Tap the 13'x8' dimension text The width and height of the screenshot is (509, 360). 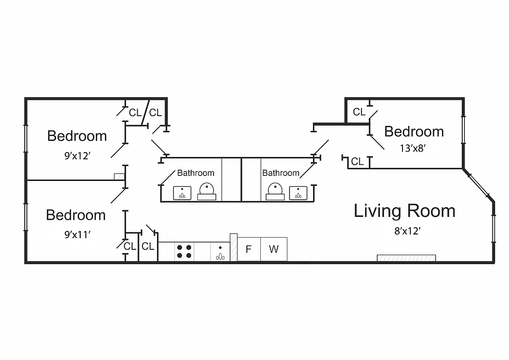[x=413, y=148]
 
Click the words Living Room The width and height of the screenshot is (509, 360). [x=404, y=211]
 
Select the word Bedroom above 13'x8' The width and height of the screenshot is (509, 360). [x=414, y=131]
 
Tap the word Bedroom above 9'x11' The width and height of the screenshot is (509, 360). [x=76, y=215]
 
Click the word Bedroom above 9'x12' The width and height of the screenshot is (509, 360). [x=77, y=136]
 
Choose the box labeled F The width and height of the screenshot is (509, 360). [x=248, y=249]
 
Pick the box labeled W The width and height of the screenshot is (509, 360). [x=273, y=249]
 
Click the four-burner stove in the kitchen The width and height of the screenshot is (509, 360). [x=183, y=252]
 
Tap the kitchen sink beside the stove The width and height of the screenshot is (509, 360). [x=220, y=252]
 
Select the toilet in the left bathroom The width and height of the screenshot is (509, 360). [x=207, y=191]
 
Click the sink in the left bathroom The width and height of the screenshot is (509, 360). [x=182, y=193]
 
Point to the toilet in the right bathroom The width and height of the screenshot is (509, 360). [x=275, y=191]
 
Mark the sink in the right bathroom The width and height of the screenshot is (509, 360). [x=298, y=193]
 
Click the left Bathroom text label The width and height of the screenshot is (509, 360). [x=196, y=173]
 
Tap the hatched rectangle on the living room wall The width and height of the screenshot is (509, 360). [x=406, y=258]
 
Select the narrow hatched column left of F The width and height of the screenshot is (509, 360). [x=233, y=247]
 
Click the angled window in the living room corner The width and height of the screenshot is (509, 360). [x=478, y=184]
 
